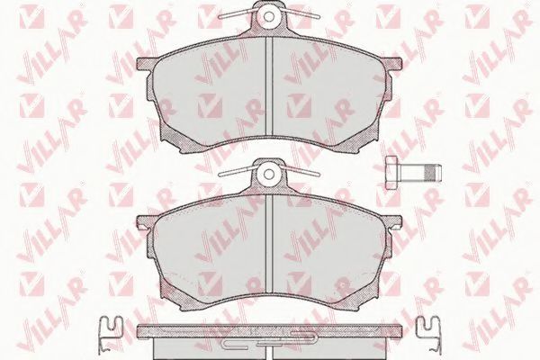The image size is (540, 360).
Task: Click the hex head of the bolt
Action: click(x=391, y=172)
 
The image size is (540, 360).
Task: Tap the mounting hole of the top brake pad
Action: click(x=269, y=16)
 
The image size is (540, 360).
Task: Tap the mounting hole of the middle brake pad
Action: click(x=269, y=174)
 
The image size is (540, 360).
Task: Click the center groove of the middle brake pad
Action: click(x=269, y=246)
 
